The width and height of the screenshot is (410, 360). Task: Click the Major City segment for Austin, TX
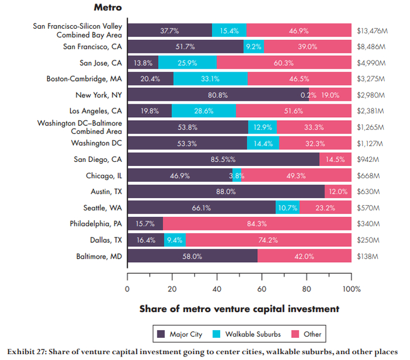pyautogui.click(x=225, y=192)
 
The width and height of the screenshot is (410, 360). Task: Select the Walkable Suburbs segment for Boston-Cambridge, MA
pyautogui.click(x=210, y=79)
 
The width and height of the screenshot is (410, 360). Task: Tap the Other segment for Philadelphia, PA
pyautogui.click(x=257, y=223)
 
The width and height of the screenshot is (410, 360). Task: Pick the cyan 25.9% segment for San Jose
pyautogui.click(x=187, y=63)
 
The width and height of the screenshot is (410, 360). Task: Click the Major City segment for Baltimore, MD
pyautogui.click(x=192, y=256)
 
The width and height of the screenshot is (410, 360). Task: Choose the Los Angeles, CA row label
pyautogui.click(x=92, y=111)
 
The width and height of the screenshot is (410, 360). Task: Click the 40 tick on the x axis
pyautogui.click(x=217, y=289)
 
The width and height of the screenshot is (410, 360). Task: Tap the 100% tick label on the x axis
pyautogui.click(x=351, y=289)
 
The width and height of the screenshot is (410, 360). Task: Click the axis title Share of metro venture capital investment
pyautogui.click(x=239, y=308)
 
